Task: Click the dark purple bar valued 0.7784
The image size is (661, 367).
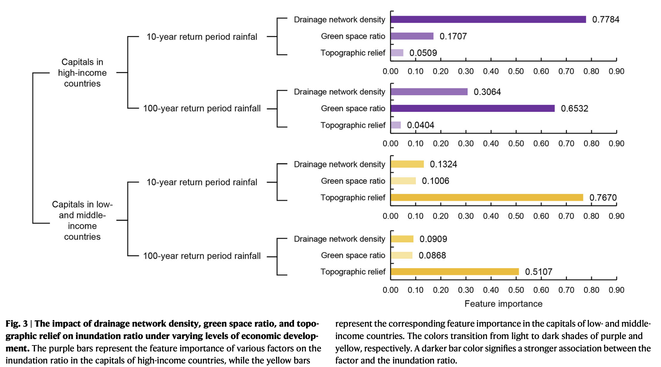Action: coord(488,19)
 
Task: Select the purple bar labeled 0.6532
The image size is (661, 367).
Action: coord(473,109)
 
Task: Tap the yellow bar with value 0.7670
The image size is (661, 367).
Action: coord(487,197)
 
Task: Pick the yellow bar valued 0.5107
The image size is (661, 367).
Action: coord(455,272)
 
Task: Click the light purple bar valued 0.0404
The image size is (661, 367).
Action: coord(396,125)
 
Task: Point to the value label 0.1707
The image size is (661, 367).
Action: coord(453,36)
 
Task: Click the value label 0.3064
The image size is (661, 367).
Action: coord(487,92)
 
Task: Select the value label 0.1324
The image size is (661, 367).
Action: coord(443,164)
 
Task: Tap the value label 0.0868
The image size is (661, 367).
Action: coord(432,255)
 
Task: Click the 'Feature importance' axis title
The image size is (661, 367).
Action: coord(503,304)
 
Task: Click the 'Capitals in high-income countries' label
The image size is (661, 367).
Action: coord(82,73)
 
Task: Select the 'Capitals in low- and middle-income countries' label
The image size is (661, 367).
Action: coord(82,220)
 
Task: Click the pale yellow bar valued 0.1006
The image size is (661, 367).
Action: coord(403,181)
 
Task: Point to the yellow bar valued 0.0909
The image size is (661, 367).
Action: coord(402,239)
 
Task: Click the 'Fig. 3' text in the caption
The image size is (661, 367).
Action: coord(17,324)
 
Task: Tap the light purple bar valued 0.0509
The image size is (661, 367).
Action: coord(397,53)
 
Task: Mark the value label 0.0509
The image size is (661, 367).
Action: coord(423,53)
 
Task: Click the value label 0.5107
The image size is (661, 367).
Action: coord(539,272)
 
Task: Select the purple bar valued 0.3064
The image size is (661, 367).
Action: coord(429,92)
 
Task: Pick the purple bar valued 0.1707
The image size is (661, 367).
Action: coord(412,36)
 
